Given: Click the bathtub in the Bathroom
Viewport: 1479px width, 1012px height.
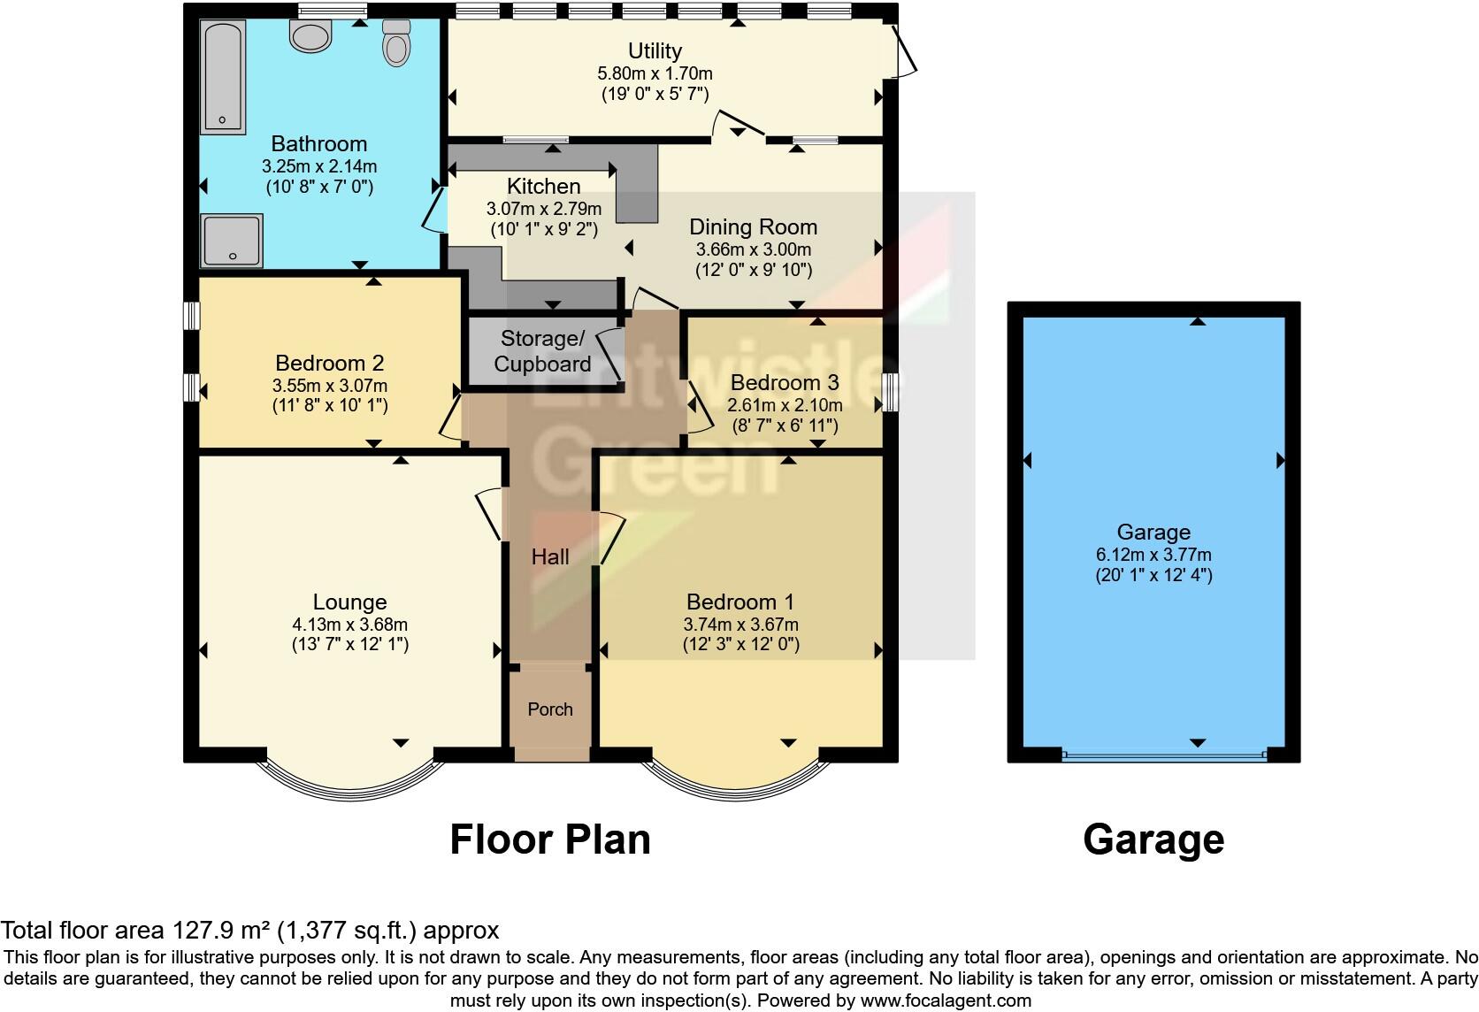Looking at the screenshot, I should (x=223, y=78).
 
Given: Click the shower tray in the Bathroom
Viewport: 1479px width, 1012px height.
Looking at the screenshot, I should (x=232, y=240).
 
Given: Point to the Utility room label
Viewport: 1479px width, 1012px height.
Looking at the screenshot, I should (x=655, y=50).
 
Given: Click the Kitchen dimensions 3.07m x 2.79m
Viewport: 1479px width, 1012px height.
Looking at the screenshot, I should (x=543, y=210).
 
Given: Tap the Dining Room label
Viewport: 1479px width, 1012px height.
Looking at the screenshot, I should (x=753, y=227).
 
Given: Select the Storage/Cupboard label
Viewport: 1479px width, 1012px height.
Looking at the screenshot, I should (x=542, y=351).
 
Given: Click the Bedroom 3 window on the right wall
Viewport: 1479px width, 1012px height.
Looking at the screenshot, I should (x=891, y=391).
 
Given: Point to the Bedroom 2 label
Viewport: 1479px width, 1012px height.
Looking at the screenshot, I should (x=329, y=363).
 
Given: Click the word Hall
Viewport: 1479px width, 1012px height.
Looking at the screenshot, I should (x=550, y=556).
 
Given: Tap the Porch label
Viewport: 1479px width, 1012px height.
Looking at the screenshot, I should (x=550, y=709).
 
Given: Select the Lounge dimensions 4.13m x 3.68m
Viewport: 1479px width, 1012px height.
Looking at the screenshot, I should (x=349, y=625).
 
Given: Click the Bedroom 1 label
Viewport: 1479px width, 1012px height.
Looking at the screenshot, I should (x=740, y=602).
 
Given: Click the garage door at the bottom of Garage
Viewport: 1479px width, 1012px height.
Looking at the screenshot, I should (x=1164, y=755).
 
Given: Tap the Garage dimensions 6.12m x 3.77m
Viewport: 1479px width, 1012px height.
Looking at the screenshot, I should (x=1153, y=555).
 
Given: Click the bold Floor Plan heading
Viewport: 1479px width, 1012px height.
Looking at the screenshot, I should (x=550, y=839).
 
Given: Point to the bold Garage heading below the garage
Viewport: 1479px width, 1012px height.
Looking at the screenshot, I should (x=1153, y=839).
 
